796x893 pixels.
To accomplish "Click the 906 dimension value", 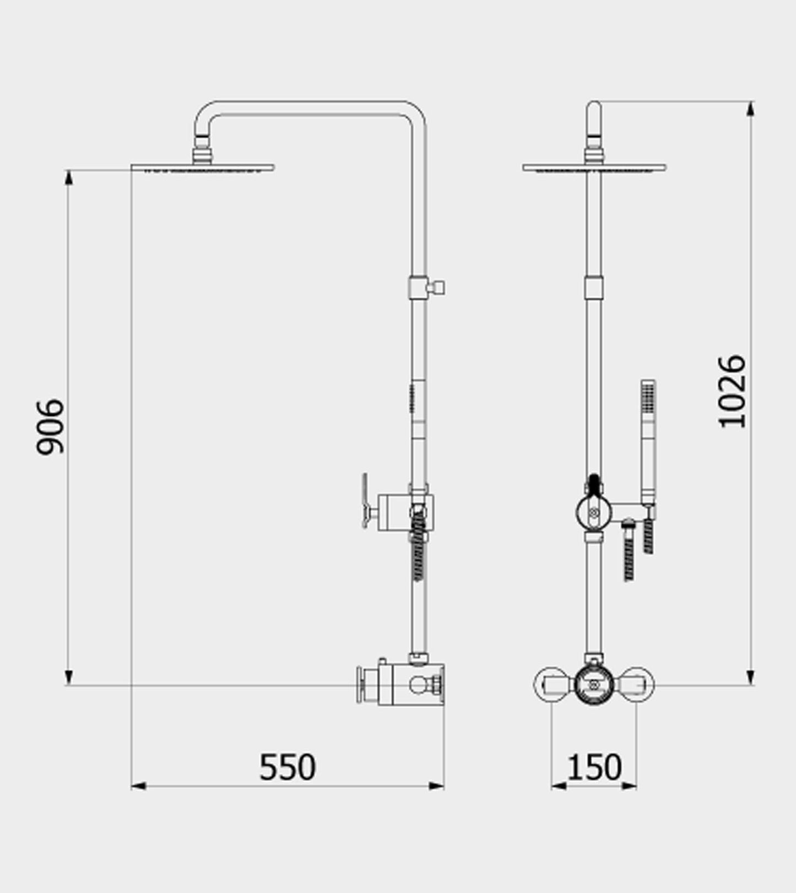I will [50, 427].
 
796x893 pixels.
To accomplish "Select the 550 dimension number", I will [287, 767].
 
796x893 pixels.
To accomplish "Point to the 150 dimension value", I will [594, 767].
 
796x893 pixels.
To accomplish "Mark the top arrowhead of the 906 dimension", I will [69, 177].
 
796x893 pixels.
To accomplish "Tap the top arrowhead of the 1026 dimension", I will [750, 109].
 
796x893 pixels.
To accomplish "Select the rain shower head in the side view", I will [202, 167].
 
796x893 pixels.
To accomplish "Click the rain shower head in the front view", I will [594, 167].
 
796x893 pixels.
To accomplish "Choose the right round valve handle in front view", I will [637, 685].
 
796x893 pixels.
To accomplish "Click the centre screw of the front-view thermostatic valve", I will [593, 685].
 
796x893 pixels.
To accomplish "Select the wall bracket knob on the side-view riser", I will [439, 287].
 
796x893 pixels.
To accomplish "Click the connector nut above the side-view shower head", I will [202, 154].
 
